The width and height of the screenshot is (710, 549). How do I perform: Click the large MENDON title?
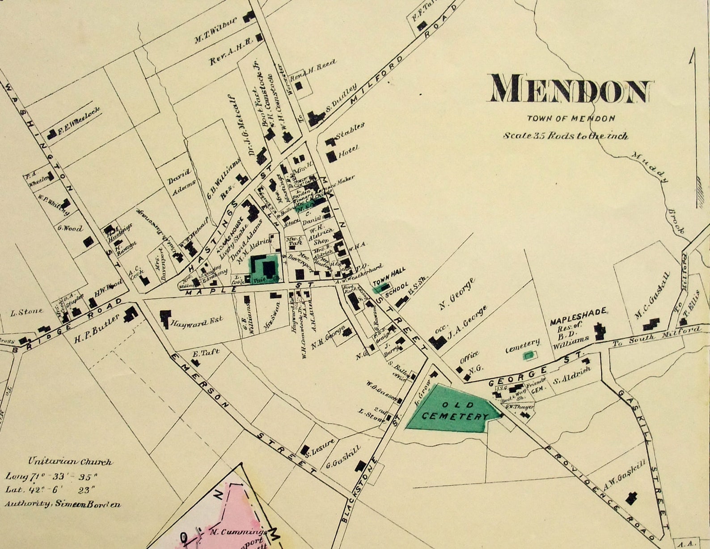coord(571,89)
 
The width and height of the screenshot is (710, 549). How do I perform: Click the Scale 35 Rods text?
coord(565,135)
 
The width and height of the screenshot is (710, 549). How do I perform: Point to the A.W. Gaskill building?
coord(631,498)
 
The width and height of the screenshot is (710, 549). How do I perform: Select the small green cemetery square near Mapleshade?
coord(529,355)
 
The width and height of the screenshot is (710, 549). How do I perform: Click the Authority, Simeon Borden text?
coord(63,504)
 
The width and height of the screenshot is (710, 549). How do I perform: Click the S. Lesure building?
coord(305,450)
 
